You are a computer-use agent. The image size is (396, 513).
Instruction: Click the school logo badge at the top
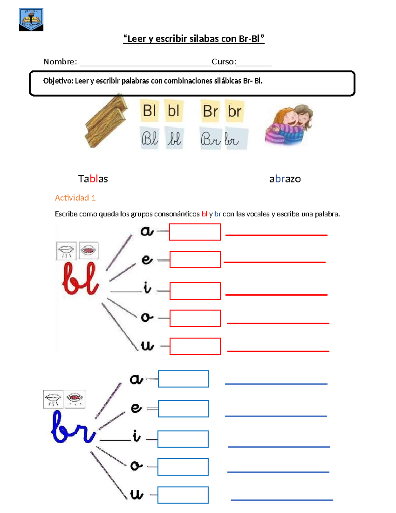[x=31, y=19]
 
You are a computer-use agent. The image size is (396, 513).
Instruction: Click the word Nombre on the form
[x=60, y=62]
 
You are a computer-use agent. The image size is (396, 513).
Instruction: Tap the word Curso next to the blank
[x=223, y=62]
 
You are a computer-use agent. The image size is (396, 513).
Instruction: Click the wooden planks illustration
[x=106, y=121]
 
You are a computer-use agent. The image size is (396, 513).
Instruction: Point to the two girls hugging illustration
[x=289, y=125]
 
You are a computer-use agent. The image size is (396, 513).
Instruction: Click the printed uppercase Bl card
[x=149, y=111]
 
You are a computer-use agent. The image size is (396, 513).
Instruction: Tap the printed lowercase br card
[x=235, y=111]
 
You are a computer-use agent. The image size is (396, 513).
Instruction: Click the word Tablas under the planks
[x=93, y=179]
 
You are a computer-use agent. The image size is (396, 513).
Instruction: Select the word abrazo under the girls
[x=285, y=179]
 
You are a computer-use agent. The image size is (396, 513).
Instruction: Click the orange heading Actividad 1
[x=75, y=198]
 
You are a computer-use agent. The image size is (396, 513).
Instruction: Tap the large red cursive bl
[x=80, y=278]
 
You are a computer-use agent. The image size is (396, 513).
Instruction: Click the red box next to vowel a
[x=195, y=232]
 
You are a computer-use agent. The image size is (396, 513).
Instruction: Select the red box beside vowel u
[x=195, y=346]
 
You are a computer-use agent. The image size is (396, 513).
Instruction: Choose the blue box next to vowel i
[x=183, y=439]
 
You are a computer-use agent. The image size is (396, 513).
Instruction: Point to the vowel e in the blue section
[x=136, y=408]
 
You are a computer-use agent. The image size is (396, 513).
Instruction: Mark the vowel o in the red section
[x=147, y=317]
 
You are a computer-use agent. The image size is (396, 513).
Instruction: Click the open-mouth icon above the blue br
[x=75, y=399]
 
